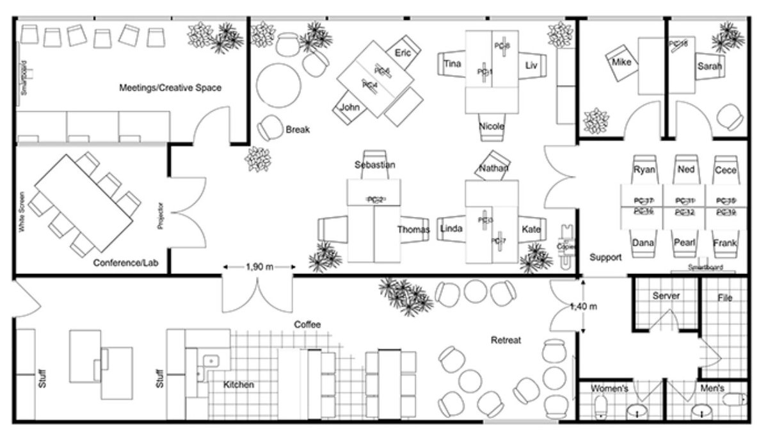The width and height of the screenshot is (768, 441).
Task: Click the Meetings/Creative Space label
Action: coord(170,88)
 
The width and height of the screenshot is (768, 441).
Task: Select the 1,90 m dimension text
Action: coord(259,267)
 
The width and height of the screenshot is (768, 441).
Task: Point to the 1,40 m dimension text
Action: coord(583,307)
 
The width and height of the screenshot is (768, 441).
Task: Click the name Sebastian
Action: coord(374,165)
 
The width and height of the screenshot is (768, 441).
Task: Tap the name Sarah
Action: coord(710,66)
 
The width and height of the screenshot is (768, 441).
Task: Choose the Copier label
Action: coord(566,246)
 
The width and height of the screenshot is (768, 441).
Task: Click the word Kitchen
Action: coord(239,385)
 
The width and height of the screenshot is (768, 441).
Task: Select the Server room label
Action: coord(666,296)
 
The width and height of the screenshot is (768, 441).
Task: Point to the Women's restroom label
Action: coord(609,389)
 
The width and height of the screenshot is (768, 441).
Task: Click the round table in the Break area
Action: coord(278,83)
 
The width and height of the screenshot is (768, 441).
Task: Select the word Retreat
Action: coord(506,340)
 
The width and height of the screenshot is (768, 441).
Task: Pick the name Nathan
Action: coord(493,168)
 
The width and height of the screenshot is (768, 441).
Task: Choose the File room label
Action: coord(724,298)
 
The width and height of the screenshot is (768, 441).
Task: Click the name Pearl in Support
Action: coord(684,243)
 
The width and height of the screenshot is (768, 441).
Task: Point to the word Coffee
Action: coord(307,325)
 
